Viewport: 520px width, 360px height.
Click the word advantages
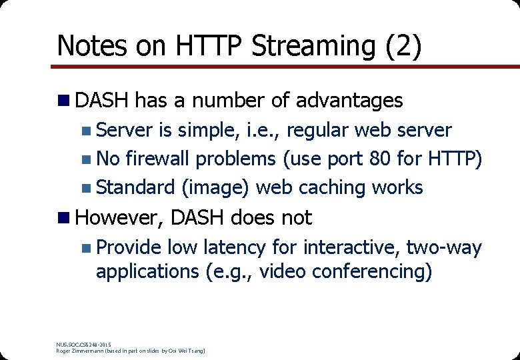pos(349,101)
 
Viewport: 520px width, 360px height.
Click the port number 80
pos(366,159)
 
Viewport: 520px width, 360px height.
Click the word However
pos(120,217)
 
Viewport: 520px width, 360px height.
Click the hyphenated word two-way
pos(443,247)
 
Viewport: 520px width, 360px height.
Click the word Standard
pos(135,188)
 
